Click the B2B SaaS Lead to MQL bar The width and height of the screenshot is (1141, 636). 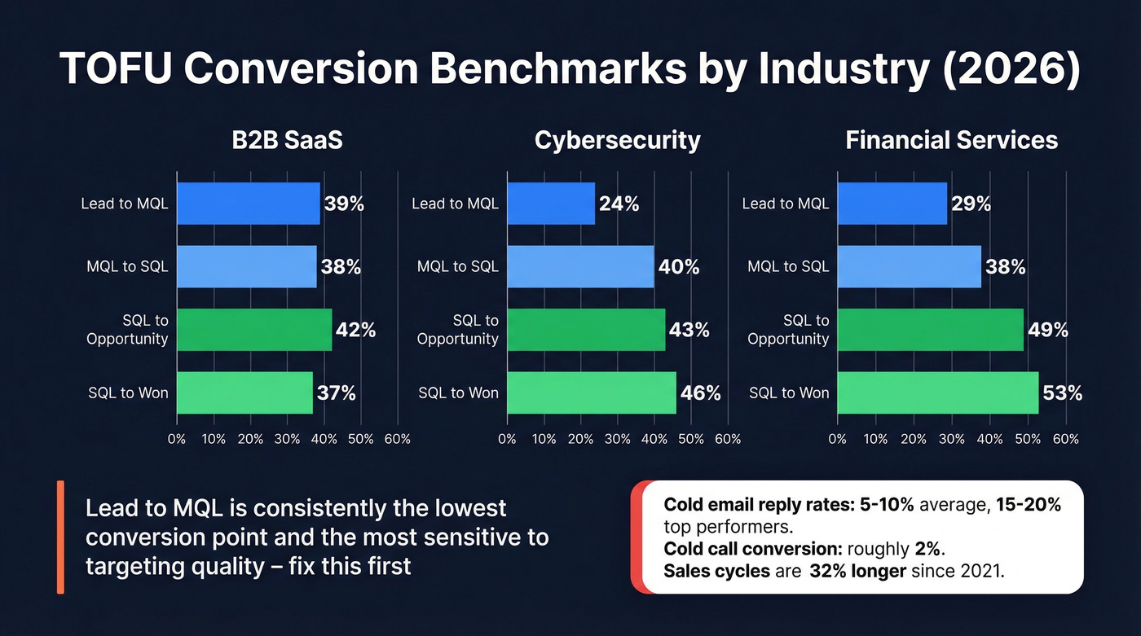click(248, 204)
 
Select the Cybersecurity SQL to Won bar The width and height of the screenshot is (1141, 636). click(591, 393)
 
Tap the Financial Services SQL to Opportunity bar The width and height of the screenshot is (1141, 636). click(930, 330)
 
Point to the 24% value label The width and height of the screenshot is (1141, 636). click(619, 204)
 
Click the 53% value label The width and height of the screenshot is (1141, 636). click(1062, 393)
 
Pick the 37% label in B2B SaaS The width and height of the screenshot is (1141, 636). click(336, 393)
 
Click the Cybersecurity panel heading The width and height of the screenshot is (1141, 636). click(617, 140)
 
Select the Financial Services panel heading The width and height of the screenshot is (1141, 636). click(951, 140)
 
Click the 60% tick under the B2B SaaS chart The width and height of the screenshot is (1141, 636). click(397, 439)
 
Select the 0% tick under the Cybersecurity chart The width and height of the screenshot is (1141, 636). click(507, 439)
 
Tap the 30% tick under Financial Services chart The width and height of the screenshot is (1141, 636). click(951, 439)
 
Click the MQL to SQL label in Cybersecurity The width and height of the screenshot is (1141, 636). click(457, 266)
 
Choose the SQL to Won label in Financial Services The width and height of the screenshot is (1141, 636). click(788, 393)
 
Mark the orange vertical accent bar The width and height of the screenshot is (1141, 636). click(60, 537)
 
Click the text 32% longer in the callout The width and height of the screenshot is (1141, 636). click(857, 571)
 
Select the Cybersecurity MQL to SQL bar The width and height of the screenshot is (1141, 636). click(580, 266)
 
